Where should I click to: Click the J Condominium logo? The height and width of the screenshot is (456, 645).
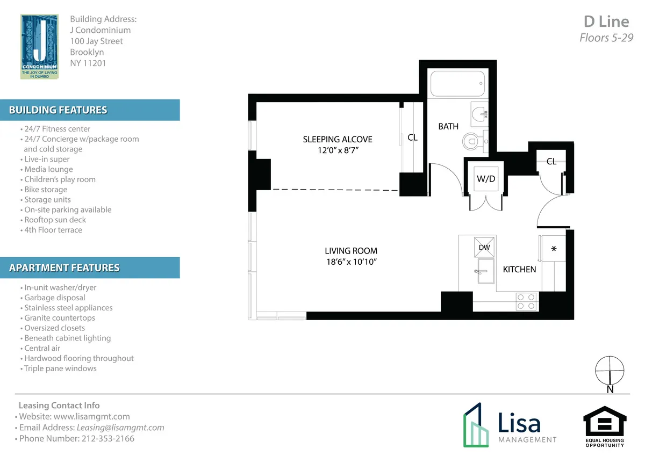point(39,47)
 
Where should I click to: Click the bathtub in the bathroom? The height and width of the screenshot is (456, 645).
point(457,84)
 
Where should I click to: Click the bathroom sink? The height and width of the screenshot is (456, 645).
point(479,113)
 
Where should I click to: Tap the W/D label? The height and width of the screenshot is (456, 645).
point(486,179)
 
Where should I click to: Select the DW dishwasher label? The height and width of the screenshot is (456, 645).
point(484,247)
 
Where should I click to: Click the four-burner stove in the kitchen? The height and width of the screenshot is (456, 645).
point(526,301)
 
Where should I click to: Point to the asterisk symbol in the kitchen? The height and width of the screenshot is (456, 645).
point(553,250)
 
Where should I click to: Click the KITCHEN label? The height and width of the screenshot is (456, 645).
point(519,269)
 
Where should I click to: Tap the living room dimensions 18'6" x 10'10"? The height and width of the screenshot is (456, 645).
point(350,262)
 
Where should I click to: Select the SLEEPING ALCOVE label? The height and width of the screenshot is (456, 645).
point(338,139)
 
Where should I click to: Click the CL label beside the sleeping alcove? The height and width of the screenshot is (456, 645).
point(412,137)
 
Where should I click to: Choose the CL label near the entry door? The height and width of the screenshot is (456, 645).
point(551,161)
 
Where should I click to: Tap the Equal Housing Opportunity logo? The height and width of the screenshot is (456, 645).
point(605,427)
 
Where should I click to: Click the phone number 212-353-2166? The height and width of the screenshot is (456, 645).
point(107,438)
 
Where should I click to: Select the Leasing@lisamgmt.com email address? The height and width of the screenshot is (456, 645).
point(120,428)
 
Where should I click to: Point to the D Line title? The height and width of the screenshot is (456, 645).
point(606,21)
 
